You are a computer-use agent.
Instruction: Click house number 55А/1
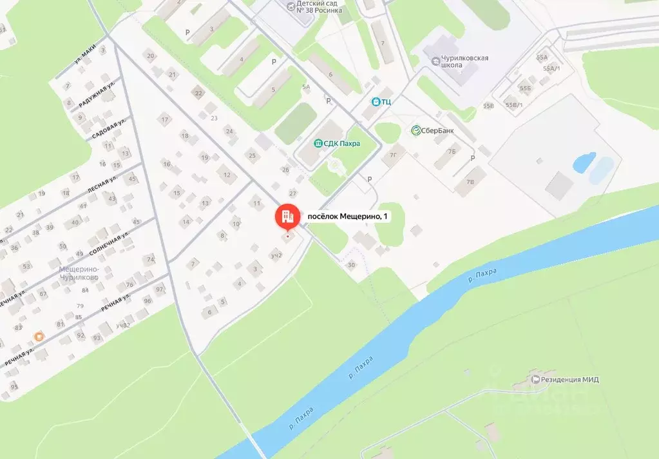[551, 68]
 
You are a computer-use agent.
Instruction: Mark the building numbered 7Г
[395, 156]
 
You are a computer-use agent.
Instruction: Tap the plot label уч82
[123, 325]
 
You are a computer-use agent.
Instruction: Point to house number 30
[351, 265]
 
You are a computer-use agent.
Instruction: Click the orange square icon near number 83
[40, 336]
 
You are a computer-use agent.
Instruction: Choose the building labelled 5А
[306, 86]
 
